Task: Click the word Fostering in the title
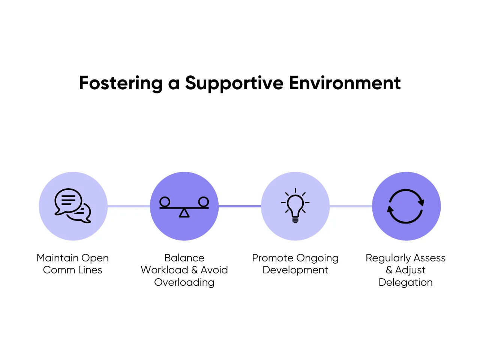[120, 83]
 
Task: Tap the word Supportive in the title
[234, 83]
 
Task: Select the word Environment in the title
[345, 83]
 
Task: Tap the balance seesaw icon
[184, 207]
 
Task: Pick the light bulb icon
[295, 205]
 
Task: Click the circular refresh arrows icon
[406, 206]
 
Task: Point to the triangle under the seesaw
[184, 213]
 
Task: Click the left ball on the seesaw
[165, 202]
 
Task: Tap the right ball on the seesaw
[204, 202]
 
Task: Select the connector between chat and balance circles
[129, 206]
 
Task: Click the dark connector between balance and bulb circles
[240, 206]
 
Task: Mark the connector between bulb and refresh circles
[351, 206]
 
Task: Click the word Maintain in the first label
[57, 258]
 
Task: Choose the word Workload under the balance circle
[164, 270]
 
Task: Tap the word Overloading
[184, 282]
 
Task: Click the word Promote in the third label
[273, 258]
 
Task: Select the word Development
[295, 270]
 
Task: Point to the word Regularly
[388, 258]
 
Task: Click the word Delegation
[406, 282]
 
